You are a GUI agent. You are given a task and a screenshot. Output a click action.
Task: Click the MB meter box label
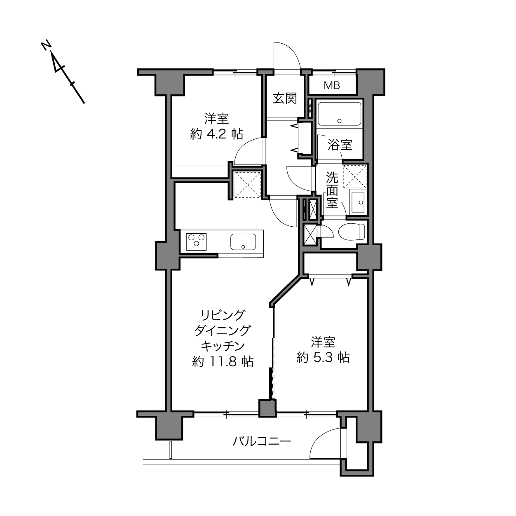[332, 85]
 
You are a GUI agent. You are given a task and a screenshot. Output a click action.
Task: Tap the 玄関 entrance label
[285, 98]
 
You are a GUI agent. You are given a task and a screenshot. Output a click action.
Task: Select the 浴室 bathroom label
[340, 145]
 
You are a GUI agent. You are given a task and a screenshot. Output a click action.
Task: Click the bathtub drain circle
[340, 121]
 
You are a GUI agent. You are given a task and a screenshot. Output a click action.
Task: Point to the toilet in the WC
[352, 232]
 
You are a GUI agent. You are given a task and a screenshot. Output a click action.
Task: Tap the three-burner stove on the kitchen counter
[196, 242]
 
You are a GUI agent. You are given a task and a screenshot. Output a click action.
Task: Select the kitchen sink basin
[243, 242]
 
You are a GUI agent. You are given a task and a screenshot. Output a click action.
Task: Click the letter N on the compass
[46, 45]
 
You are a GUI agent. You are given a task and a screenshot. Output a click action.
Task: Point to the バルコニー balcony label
[261, 441]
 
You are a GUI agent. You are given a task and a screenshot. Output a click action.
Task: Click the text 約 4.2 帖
[217, 134]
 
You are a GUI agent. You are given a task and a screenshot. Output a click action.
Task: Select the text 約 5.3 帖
[323, 357]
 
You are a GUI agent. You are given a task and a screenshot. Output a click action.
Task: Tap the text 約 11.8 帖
[223, 361]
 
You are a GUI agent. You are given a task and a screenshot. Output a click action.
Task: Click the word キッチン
[223, 346]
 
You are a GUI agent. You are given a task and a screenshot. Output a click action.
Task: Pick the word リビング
[223, 315]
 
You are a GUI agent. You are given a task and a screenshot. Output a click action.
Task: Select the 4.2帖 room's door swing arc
[243, 145]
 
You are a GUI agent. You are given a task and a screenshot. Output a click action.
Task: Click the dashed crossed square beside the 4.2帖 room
[247, 185]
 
